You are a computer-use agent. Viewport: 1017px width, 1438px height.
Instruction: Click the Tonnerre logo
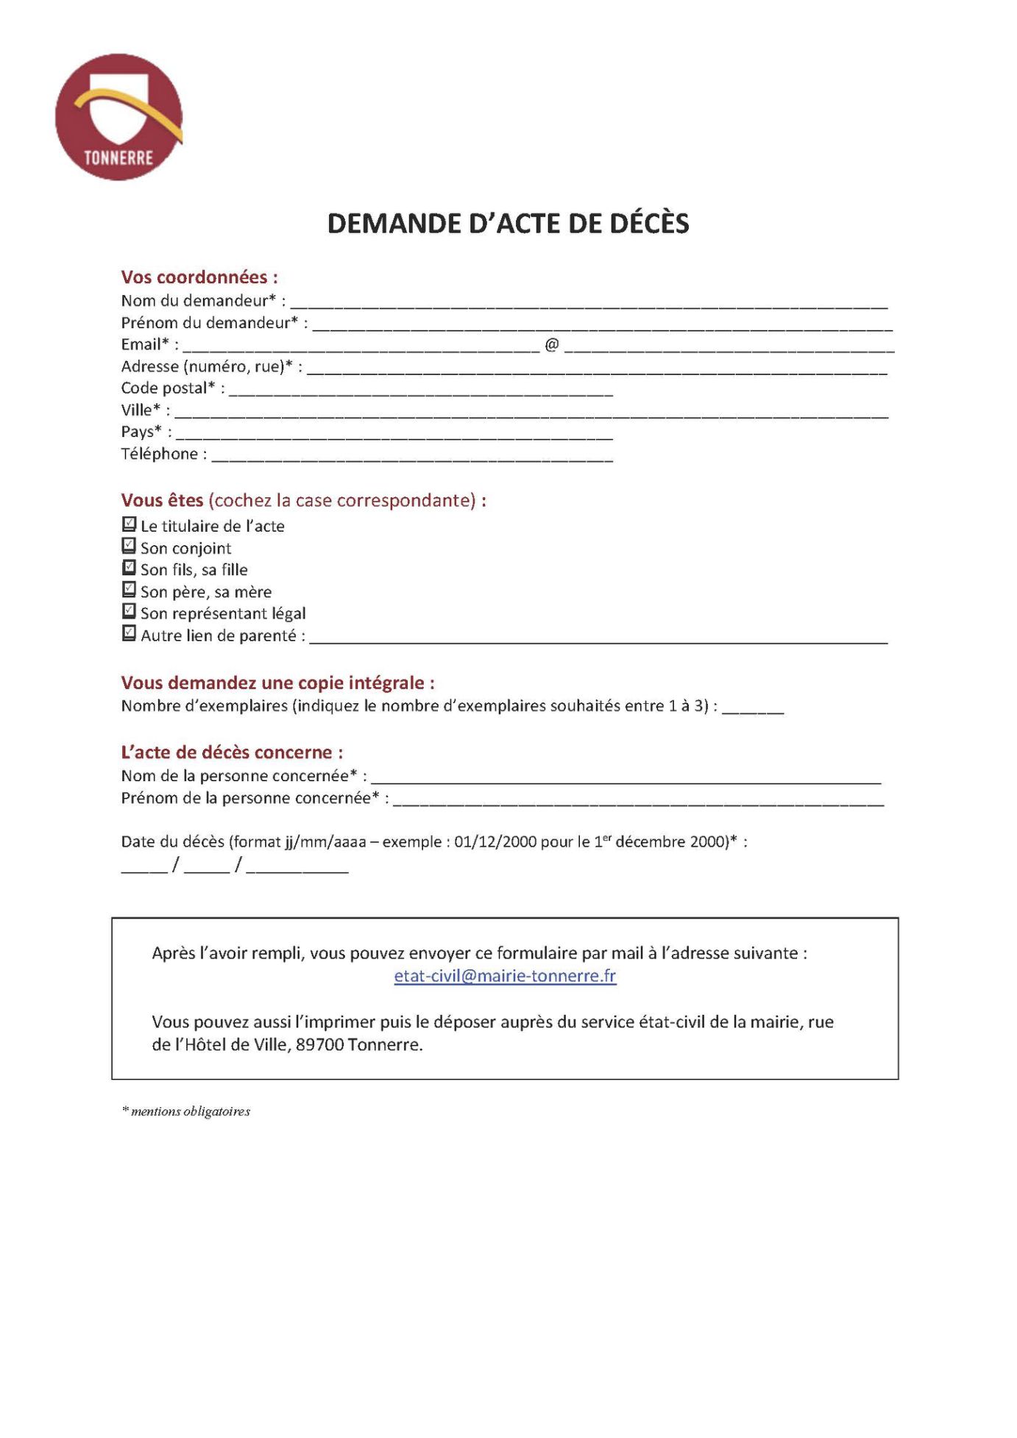(x=118, y=117)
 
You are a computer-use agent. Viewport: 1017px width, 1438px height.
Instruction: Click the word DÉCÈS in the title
(x=648, y=224)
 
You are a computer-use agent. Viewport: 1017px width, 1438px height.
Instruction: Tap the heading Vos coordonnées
(x=199, y=277)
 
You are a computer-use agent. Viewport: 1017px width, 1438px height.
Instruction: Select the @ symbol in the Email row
(x=552, y=344)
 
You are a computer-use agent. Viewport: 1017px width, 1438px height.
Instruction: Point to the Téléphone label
(x=159, y=454)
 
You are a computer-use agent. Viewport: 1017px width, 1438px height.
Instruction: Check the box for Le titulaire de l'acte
(x=129, y=524)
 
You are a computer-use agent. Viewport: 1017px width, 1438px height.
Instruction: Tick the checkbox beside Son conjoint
(x=129, y=546)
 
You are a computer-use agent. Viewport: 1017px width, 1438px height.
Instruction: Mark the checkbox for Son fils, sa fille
(x=129, y=568)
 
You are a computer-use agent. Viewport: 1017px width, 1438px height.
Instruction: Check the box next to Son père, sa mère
(x=129, y=590)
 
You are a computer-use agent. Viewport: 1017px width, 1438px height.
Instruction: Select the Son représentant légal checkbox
(x=129, y=611)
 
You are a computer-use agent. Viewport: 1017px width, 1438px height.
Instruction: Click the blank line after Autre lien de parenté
(x=598, y=637)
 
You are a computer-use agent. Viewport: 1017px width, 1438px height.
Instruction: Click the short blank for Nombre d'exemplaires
(x=752, y=707)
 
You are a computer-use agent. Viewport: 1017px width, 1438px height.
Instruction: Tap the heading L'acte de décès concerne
(x=232, y=752)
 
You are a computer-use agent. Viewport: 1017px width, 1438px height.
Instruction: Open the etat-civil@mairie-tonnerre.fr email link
(x=505, y=976)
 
